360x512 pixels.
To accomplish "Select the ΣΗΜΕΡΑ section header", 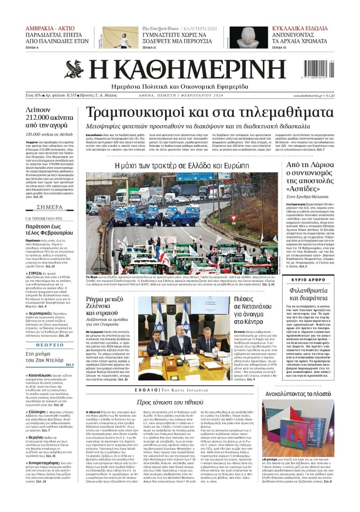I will [x=50, y=207].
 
